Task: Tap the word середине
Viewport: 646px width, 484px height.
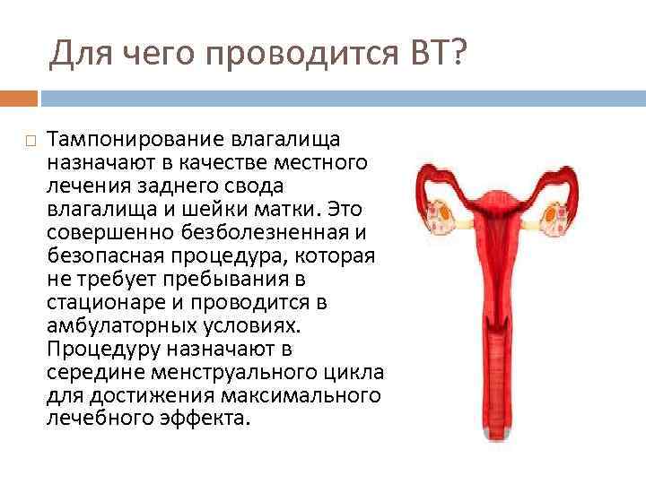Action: coord(87,371)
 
